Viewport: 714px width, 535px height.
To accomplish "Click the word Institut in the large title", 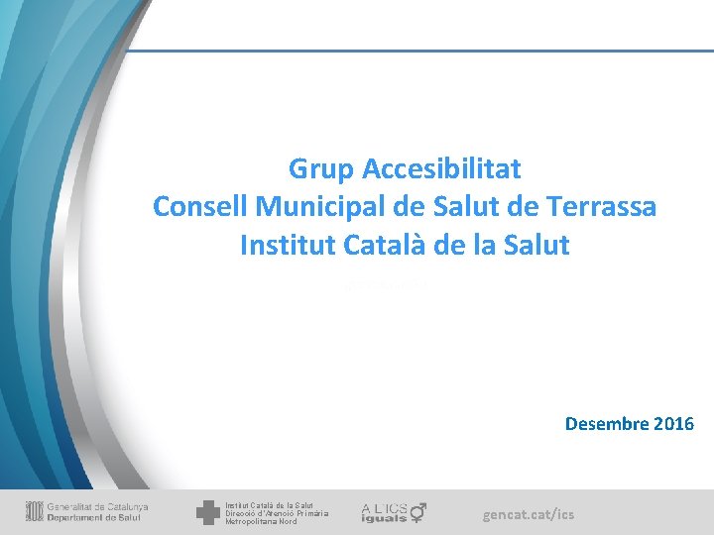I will pyautogui.click(x=283, y=245).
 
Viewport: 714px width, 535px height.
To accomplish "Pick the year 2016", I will pyautogui.click(x=675, y=424).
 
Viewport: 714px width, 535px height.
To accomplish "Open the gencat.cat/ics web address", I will pyautogui.click(x=529, y=514).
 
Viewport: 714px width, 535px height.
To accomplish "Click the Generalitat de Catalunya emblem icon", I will pyautogui.click(x=35, y=512).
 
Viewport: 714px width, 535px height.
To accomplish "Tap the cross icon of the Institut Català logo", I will pyautogui.click(x=208, y=512).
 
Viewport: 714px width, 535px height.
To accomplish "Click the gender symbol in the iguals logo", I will pyautogui.click(x=418, y=511).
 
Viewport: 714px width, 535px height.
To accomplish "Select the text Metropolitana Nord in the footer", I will pyautogui.click(x=261, y=521).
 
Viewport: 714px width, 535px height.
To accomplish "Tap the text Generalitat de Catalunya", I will pyautogui.click(x=98, y=507).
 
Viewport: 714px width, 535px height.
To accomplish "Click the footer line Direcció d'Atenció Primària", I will pyautogui.click(x=277, y=513).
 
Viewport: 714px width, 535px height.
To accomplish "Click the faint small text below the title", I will pyautogui.click(x=385, y=285).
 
